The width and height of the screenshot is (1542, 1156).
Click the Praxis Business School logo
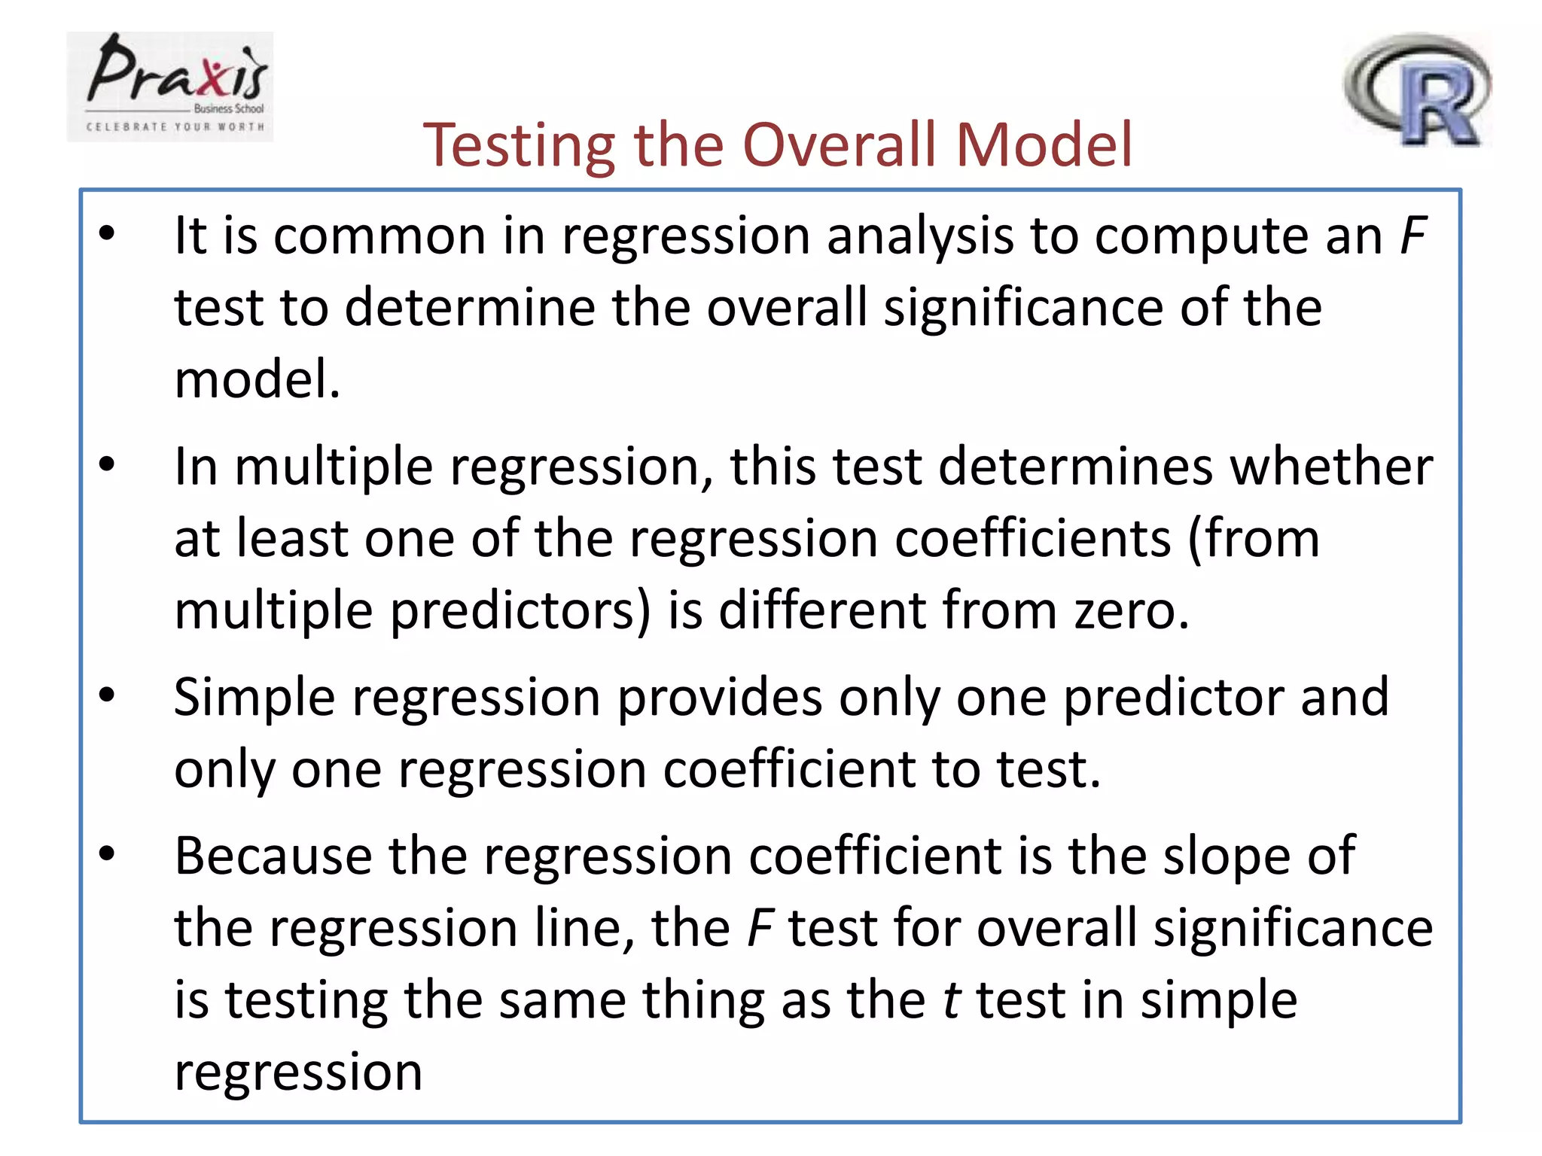tap(170, 86)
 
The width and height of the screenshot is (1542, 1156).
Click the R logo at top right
tap(1418, 90)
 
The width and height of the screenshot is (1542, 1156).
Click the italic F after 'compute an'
tap(1412, 236)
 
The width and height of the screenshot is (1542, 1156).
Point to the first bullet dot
tap(107, 233)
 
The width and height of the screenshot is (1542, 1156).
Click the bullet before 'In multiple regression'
tap(107, 464)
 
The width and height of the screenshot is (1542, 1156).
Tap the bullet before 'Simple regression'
tap(107, 695)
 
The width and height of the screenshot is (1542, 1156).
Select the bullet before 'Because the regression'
tap(107, 853)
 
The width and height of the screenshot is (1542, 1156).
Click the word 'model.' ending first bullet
tap(258, 379)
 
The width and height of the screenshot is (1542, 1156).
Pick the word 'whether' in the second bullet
tap(1331, 467)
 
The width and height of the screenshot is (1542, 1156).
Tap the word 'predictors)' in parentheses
tap(520, 611)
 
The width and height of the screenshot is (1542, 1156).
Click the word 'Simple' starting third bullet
tap(254, 698)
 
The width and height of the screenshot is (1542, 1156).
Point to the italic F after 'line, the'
tap(760, 928)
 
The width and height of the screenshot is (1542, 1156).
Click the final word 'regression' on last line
tap(298, 1072)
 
